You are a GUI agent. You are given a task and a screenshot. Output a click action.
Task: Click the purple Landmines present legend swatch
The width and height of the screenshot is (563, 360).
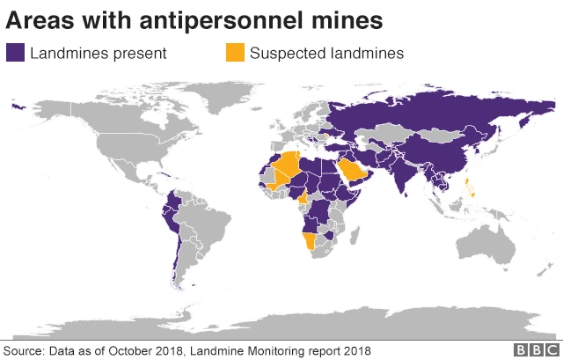(15, 53)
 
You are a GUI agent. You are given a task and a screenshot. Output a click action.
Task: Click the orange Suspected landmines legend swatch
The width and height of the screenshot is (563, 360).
(235, 53)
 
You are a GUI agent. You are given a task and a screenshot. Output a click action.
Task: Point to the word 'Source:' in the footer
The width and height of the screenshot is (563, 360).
(24, 350)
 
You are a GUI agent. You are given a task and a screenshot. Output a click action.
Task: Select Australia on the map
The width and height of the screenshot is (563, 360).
(489, 238)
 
